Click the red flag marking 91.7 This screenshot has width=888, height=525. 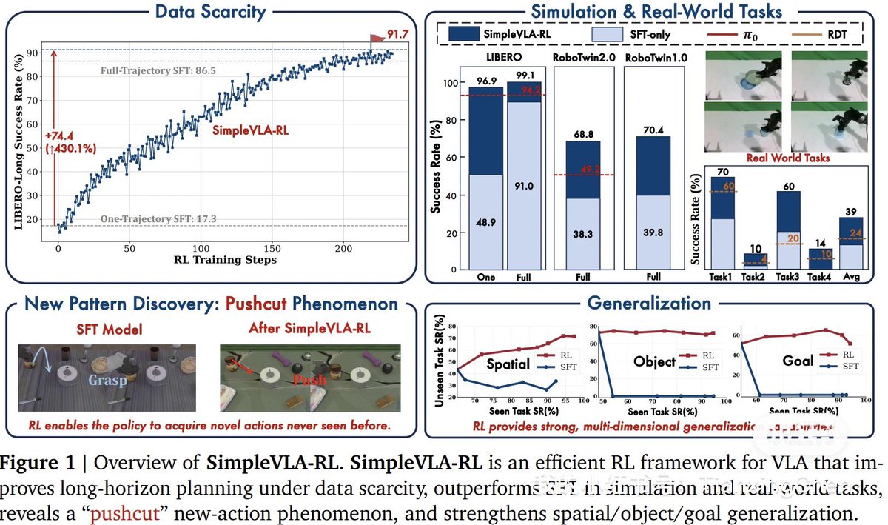[376, 35]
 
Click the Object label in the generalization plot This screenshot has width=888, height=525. [654, 362]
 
